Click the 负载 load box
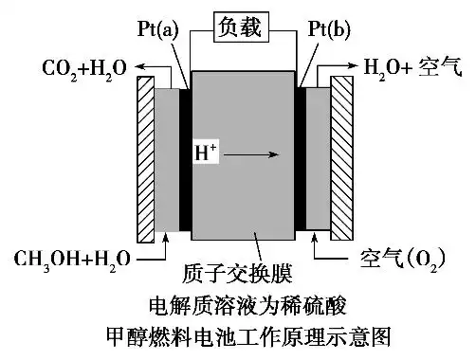click(237, 28)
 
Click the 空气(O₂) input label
click(410, 257)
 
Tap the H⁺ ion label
click(205, 152)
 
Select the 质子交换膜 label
click(237, 276)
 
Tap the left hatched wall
click(145, 156)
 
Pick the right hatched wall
click(339, 156)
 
